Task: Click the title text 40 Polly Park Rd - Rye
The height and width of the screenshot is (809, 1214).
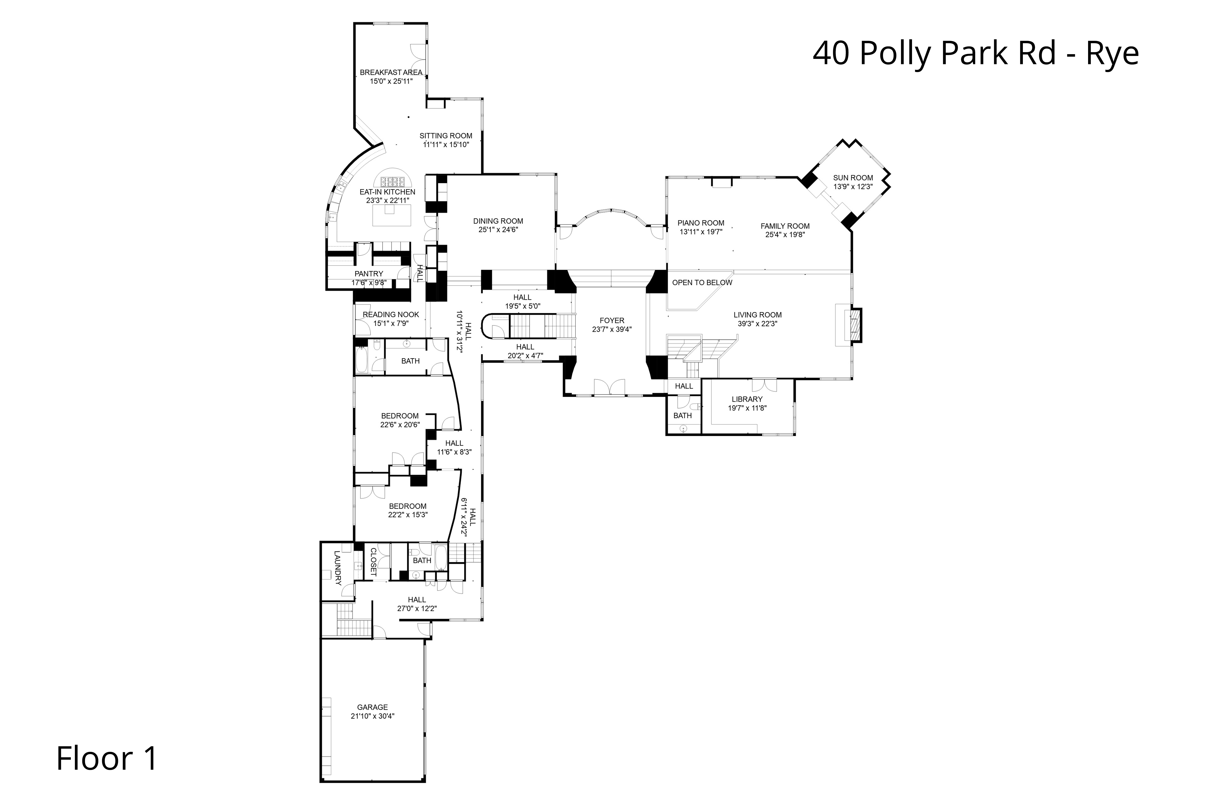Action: pos(975,54)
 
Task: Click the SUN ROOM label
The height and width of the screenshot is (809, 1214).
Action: pos(853,178)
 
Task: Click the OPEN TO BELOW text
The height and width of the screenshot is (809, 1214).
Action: pos(702,283)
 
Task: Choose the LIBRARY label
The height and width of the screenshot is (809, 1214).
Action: pos(747,399)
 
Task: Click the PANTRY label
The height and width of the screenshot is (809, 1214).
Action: pos(369,274)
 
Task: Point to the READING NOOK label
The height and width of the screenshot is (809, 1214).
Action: pos(391,315)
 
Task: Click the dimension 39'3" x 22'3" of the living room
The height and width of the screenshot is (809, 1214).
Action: pos(757,324)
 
